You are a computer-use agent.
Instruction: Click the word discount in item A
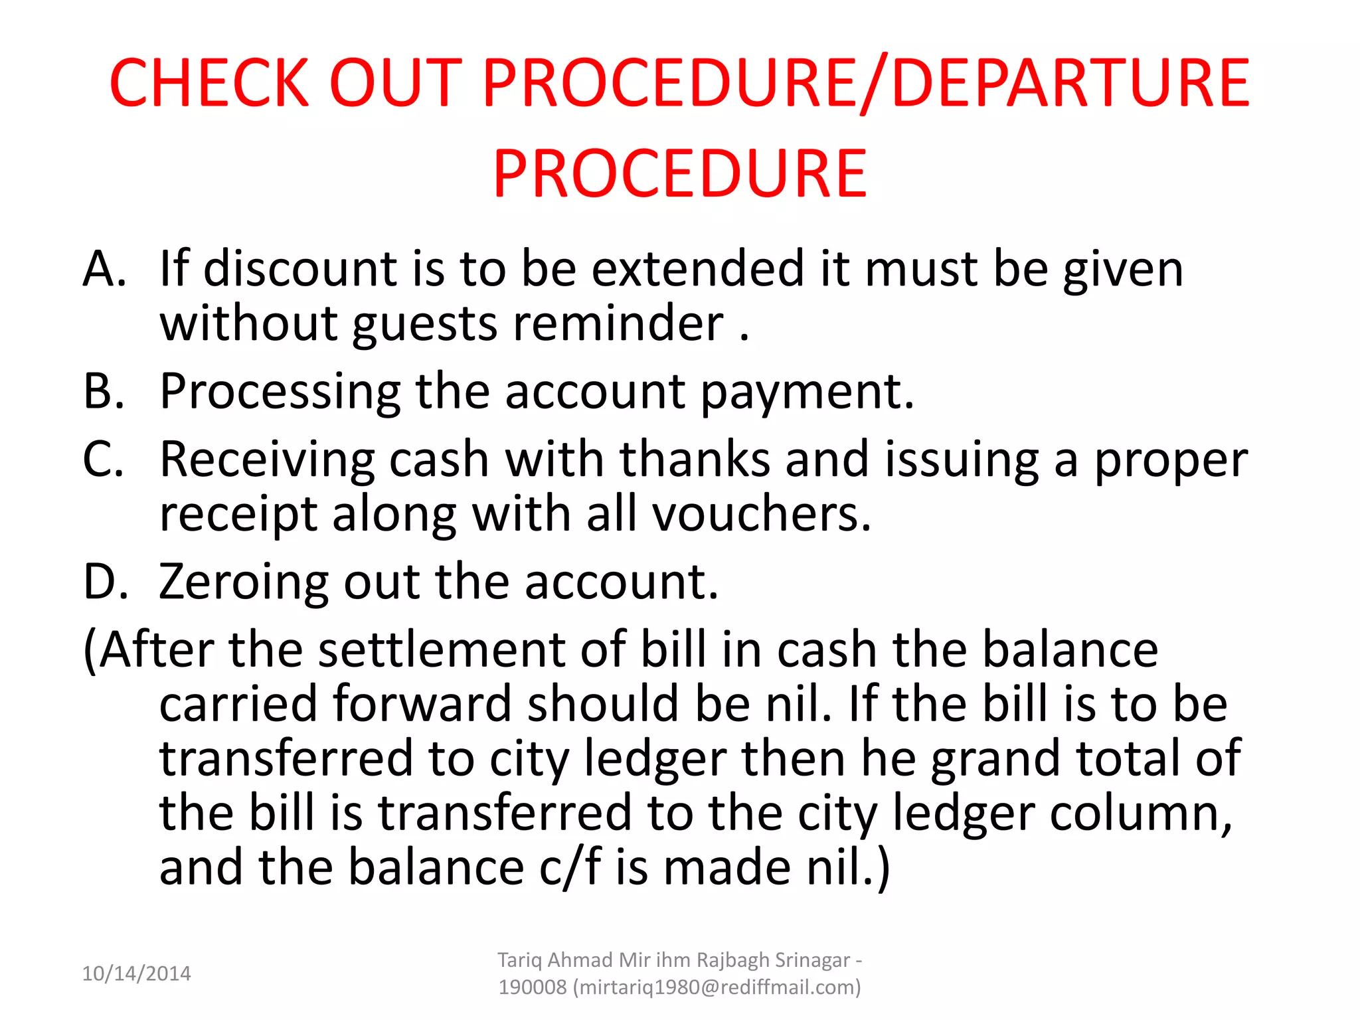[300, 269]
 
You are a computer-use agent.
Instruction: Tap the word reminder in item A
[618, 324]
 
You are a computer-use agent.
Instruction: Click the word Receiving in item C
[268, 460]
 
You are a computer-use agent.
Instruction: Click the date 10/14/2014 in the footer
[136, 974]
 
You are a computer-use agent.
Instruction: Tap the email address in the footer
[720, 987]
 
